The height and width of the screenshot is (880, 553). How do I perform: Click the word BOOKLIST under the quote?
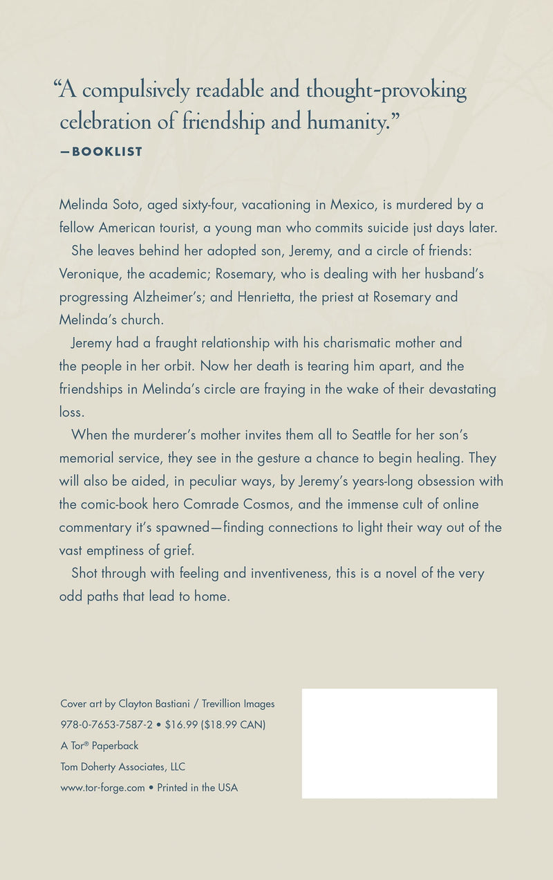tap(107, 152)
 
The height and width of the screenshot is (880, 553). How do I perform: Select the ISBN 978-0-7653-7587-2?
tap(106, 724)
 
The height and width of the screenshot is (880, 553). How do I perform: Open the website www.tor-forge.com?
tap(102, 787)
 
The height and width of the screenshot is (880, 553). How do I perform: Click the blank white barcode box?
tap(400, 743)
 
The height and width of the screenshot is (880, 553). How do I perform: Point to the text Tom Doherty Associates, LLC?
tap(122, 767)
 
